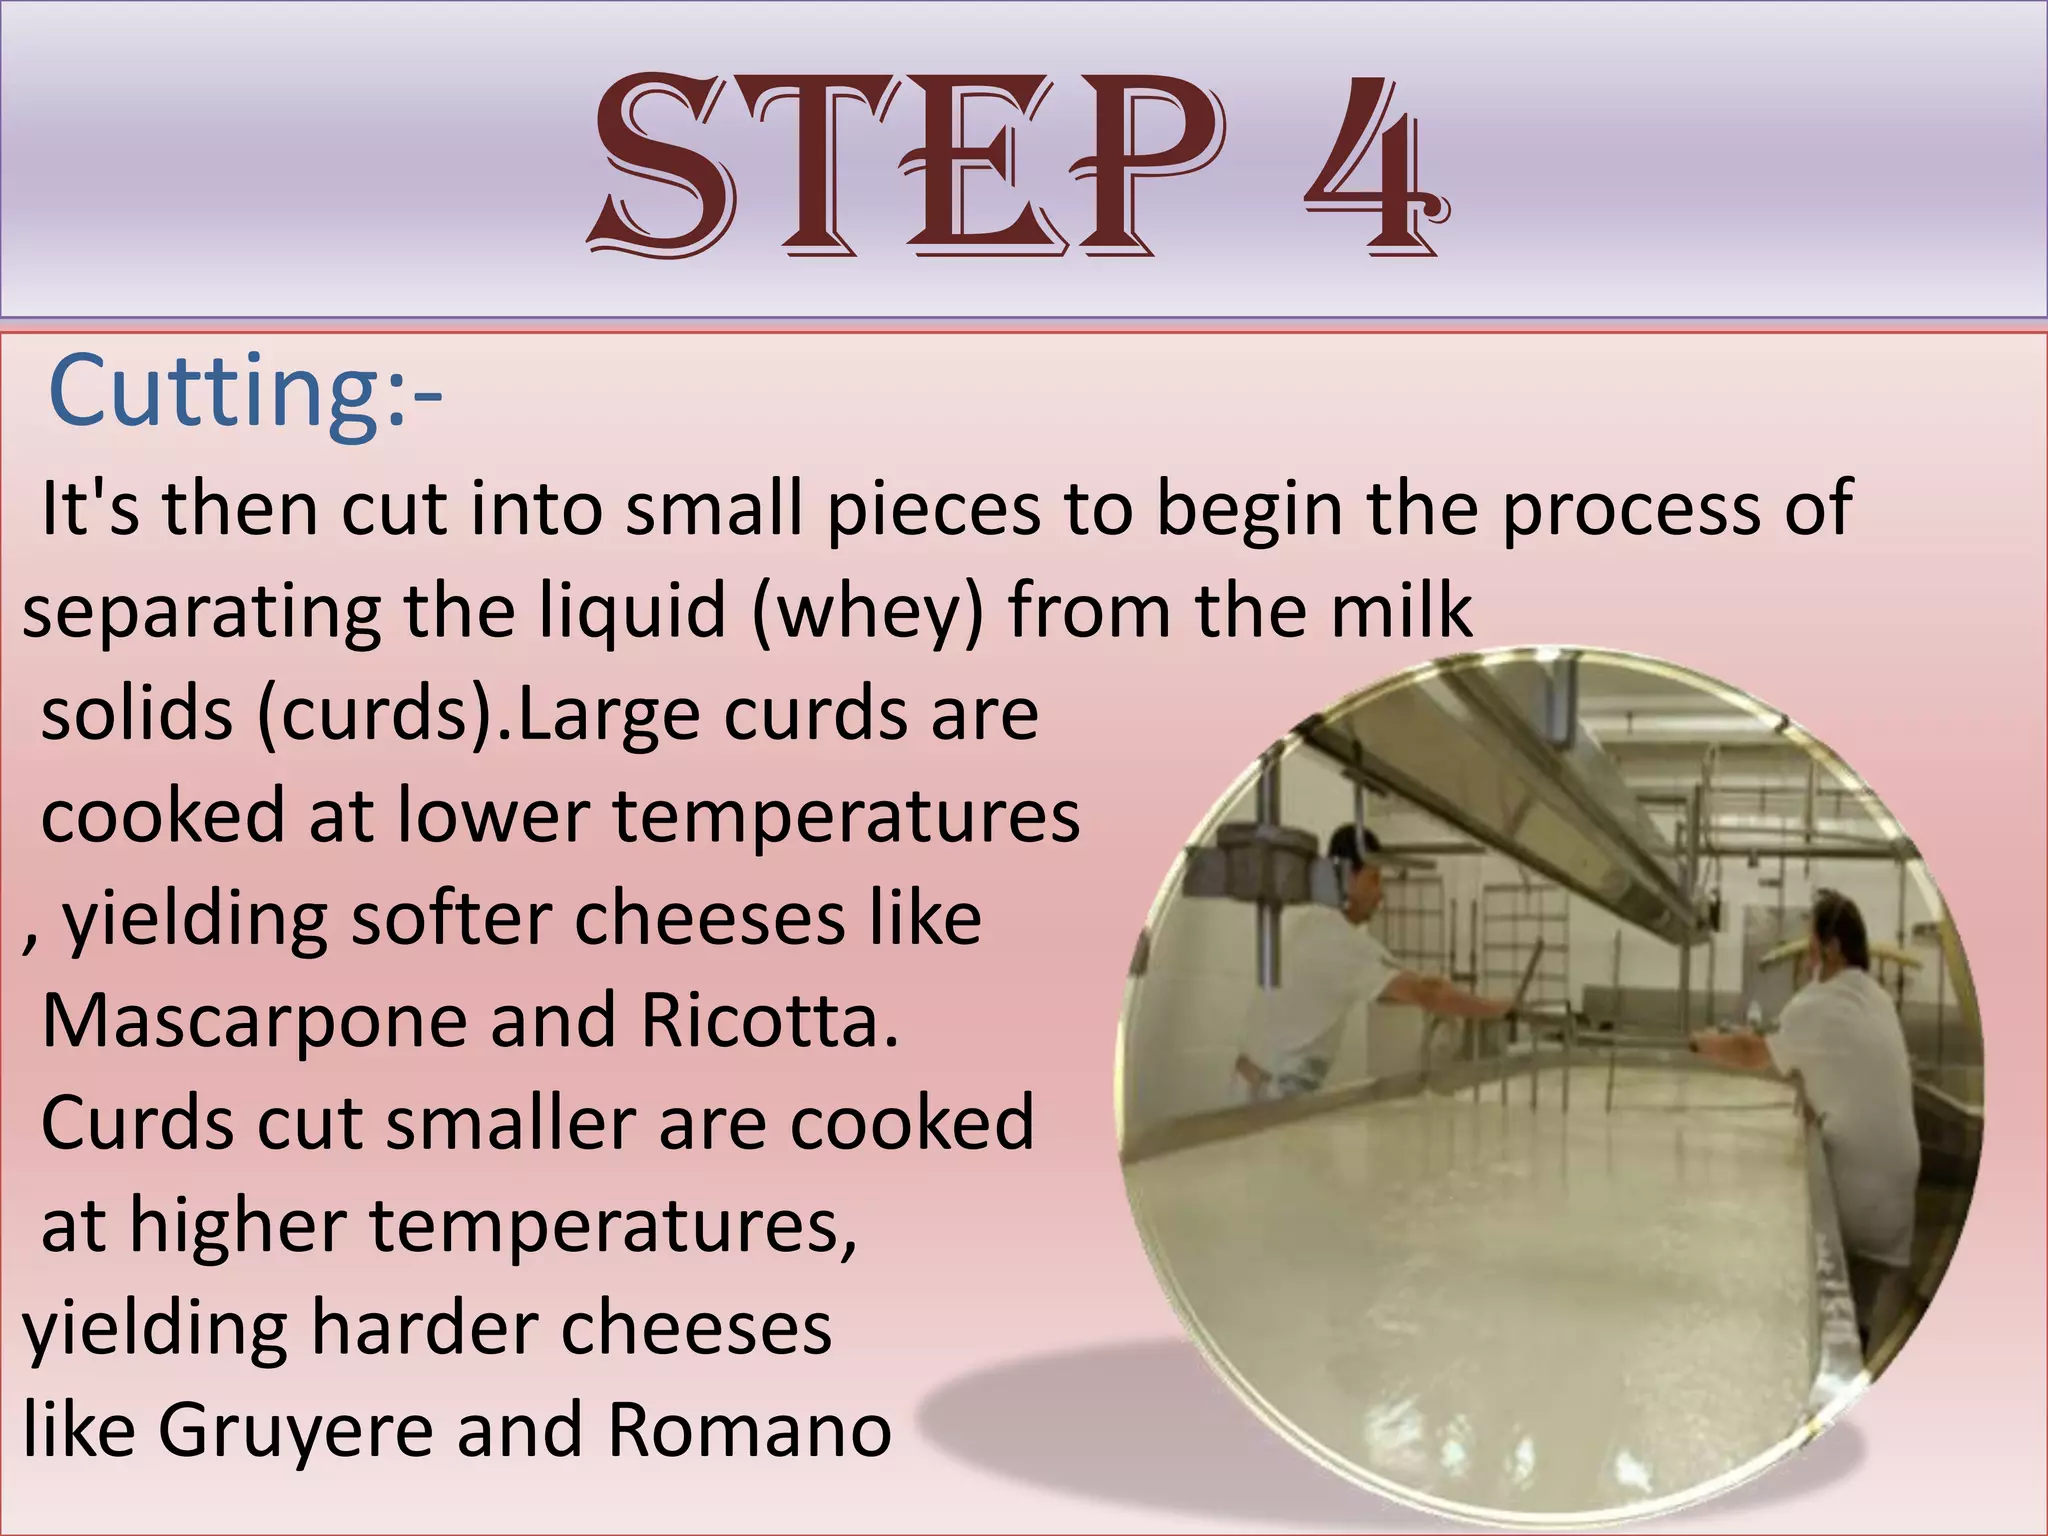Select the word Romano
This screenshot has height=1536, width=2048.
click(x=749, y=1430)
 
